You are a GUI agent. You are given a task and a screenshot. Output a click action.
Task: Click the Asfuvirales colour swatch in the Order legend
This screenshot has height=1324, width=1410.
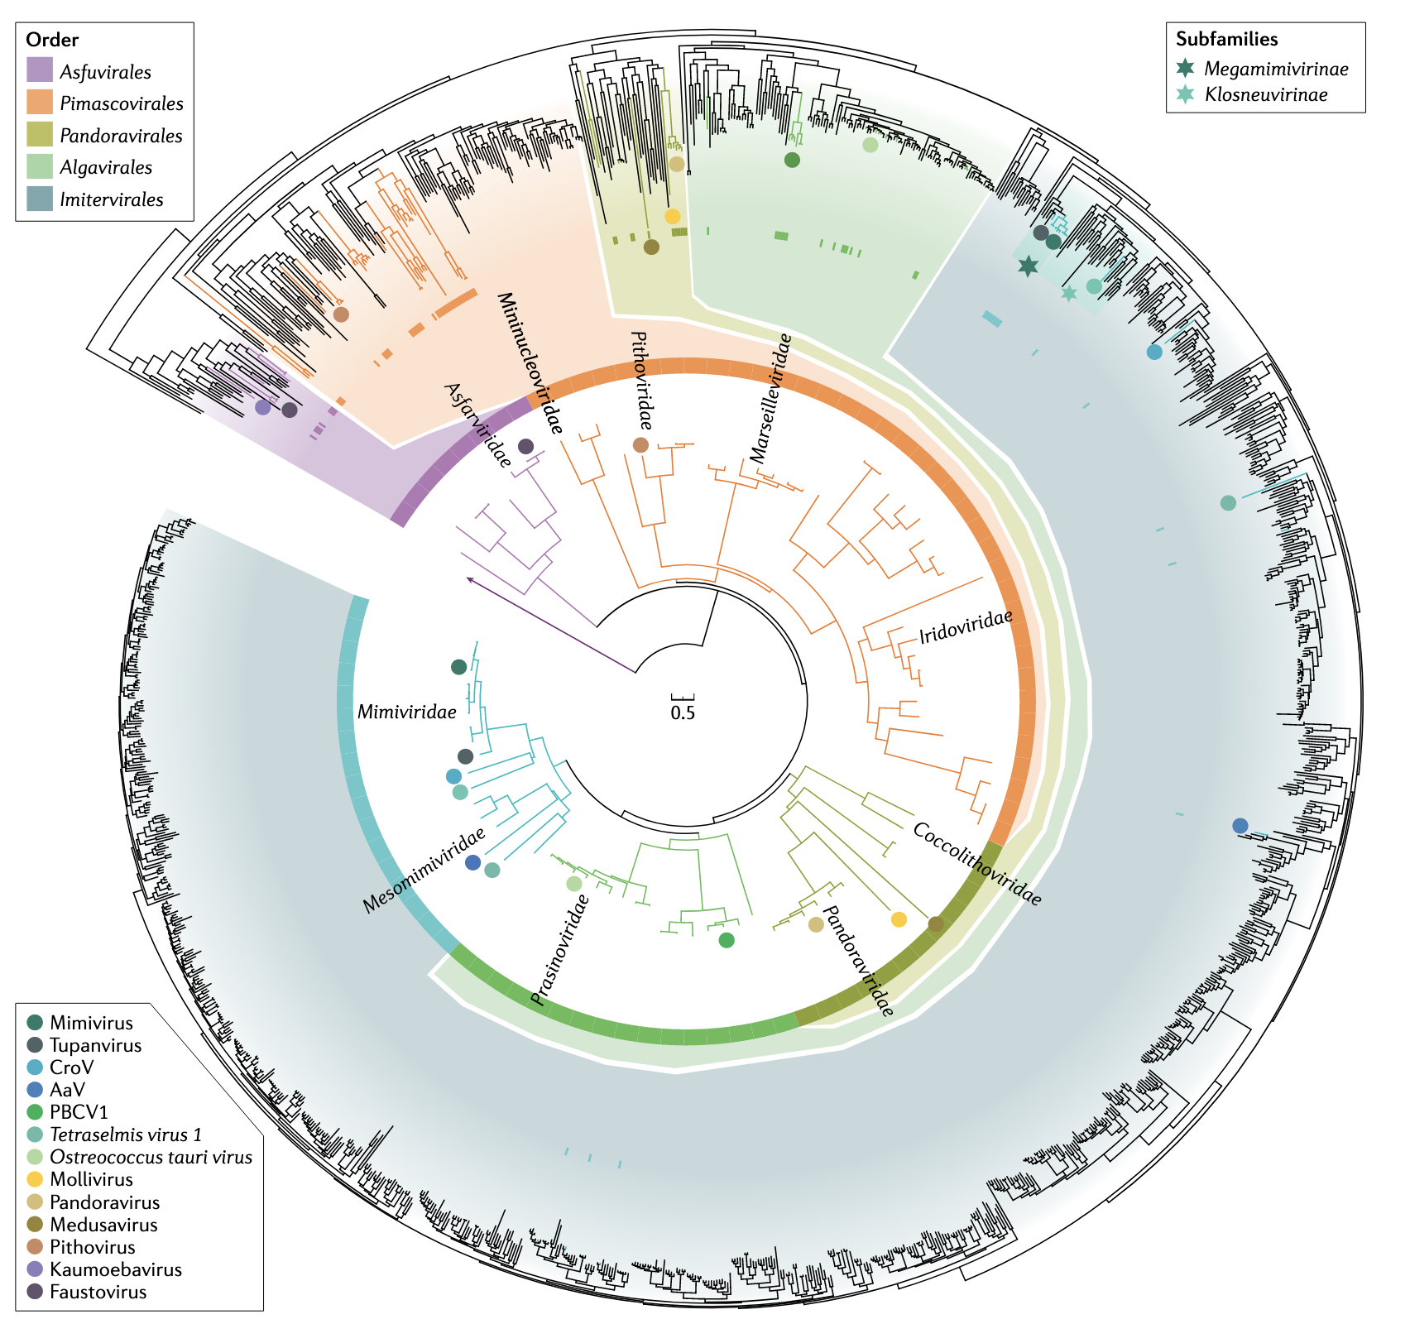point(40,71)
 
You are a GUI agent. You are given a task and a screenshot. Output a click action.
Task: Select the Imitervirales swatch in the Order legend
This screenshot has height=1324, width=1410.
point(40,199)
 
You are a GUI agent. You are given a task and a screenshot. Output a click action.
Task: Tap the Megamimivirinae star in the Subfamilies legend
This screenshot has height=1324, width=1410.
point(1186,69)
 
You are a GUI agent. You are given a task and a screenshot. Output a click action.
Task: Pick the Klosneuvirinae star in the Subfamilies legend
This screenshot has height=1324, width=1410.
point(1186,94)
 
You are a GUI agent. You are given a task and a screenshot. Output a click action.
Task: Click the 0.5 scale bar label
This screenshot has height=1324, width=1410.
point(683,712)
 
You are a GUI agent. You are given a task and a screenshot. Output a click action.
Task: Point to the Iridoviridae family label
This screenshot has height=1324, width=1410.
point(966,626)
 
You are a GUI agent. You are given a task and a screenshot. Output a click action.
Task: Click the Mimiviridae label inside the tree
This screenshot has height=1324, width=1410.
point(406,712)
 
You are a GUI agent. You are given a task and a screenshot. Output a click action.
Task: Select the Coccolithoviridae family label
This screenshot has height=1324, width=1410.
point(976,864)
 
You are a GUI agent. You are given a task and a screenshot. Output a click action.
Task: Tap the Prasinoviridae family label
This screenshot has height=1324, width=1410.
point(561,950)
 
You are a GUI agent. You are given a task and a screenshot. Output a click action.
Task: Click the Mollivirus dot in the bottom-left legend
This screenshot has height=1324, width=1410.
point(36,1179)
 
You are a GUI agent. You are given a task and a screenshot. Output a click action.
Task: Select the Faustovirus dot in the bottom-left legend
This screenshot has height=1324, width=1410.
point(36,1292)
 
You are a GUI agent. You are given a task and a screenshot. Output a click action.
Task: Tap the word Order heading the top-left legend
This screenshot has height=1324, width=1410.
point(52,40)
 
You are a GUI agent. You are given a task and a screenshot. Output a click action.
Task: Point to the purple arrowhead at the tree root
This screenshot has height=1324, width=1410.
point(469,579)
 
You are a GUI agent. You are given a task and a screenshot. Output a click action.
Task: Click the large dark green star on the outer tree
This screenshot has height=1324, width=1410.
point(1028,266)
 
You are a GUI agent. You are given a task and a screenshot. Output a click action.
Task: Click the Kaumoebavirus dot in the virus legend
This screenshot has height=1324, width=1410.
point(36,1269)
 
